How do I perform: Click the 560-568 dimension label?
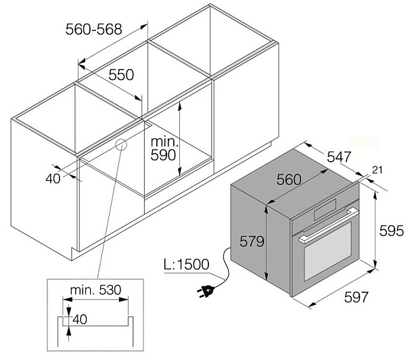[93, 29]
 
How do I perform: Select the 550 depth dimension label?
[121, 74]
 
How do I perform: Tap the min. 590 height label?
[164, 148]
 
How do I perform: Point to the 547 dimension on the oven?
[338, 157]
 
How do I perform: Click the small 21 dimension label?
[377, 171]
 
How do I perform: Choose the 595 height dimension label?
[391, 231]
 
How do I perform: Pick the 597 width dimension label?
[356, 297]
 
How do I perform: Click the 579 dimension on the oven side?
[252, 241]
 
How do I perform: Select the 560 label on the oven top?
[289, 179]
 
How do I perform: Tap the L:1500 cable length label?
[187, 265]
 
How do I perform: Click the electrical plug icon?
[206, 291]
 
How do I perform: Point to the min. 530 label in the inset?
[95, 290]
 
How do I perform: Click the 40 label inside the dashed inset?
[80, 319]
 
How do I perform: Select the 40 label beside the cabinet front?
[53, 179]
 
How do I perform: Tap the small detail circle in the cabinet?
[121, 144]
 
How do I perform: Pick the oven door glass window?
[327, 251]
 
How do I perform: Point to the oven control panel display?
[325, 209]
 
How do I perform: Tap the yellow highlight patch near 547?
[365, 143]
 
